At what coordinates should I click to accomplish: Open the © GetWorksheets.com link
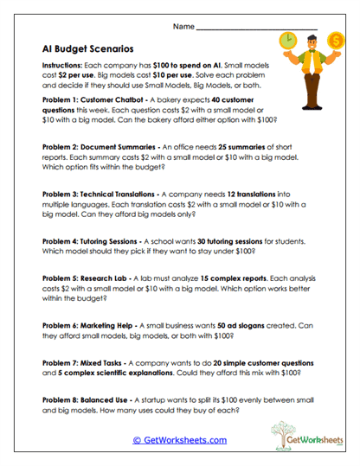pyautogui.click(x=179, y=439)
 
